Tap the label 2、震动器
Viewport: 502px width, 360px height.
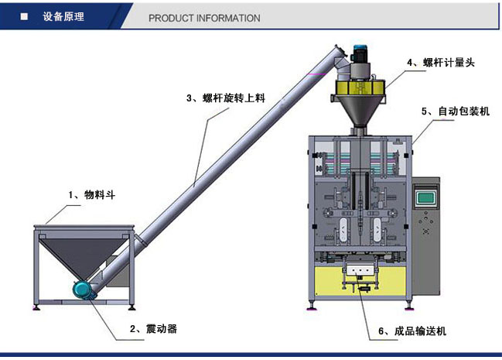[x=154, y=329]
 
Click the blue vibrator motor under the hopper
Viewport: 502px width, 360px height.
[x=80, y=289]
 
